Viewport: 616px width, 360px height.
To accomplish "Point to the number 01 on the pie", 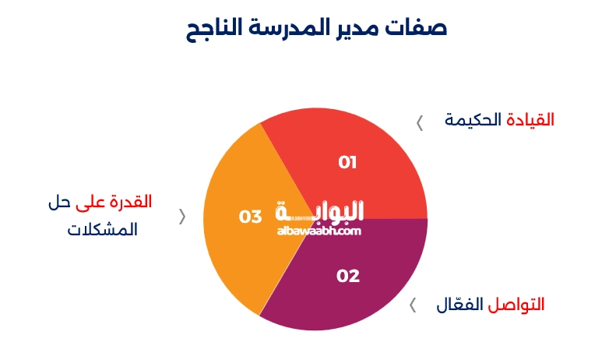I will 347,162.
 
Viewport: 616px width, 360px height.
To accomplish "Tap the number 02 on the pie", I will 348,276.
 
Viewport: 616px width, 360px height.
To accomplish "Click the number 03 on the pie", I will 250,217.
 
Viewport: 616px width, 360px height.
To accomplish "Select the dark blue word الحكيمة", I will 473,120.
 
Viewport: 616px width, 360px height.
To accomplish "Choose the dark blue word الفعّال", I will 460,304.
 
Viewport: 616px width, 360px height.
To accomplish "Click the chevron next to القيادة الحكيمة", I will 420,122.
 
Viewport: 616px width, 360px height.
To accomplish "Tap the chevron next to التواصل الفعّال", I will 414,304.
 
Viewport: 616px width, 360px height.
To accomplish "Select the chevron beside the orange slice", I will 183,217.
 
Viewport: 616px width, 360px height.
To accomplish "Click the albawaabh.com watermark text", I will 319,231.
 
